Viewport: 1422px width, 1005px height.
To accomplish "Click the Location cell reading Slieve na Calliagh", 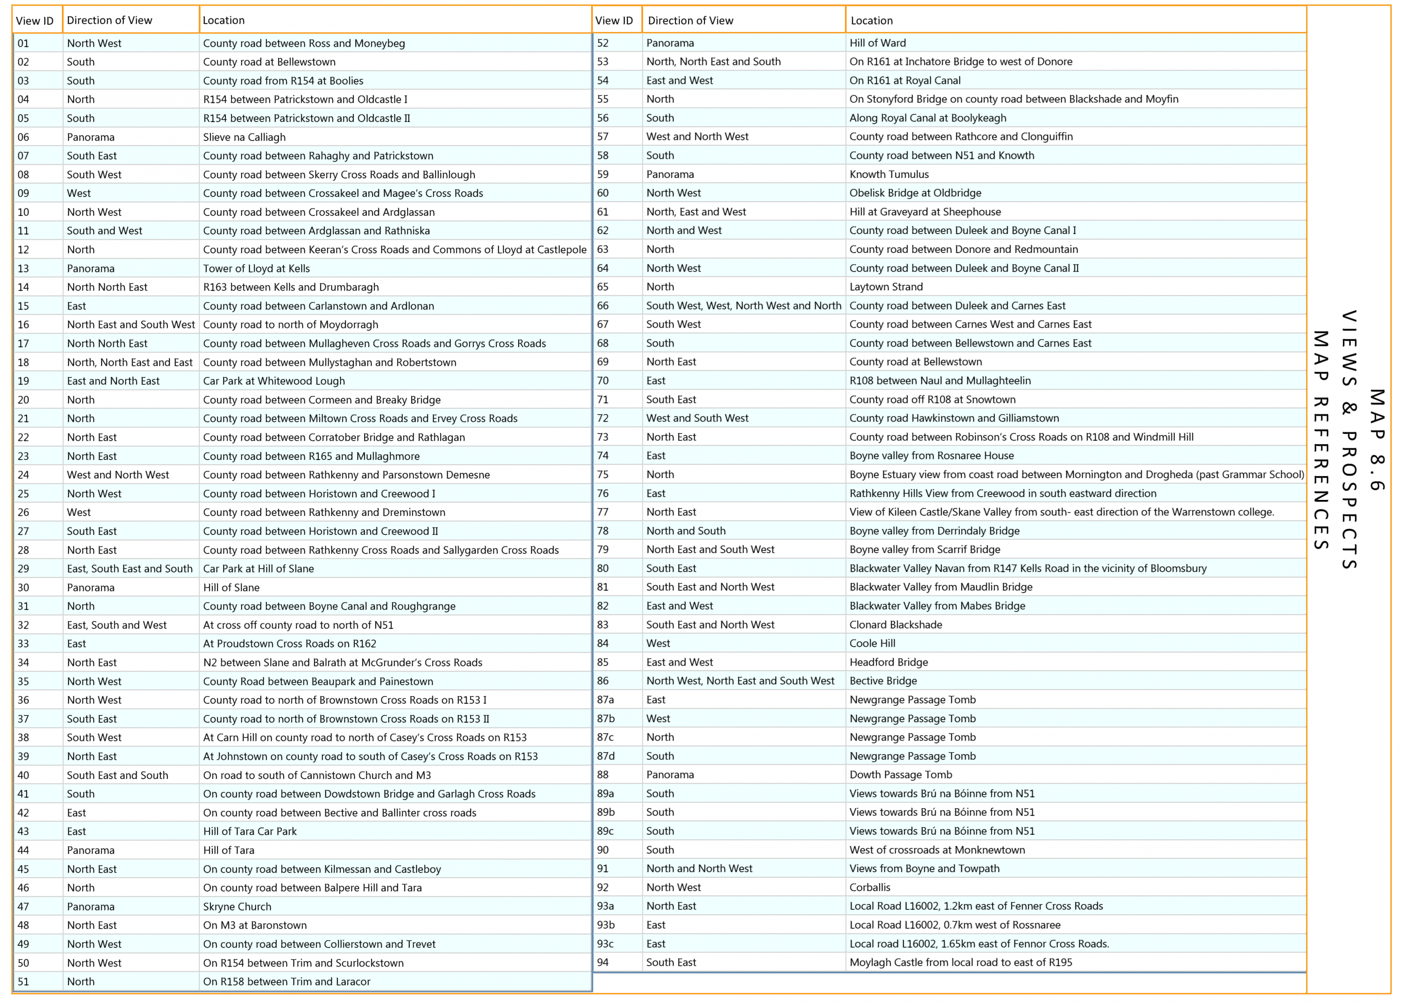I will pyautogui.click(x=245, y=137).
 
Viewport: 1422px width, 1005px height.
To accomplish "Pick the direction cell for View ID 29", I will pyautogui.click(x=130, y=569).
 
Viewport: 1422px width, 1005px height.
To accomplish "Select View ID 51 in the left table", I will pyautogui.click(x=24, y=981).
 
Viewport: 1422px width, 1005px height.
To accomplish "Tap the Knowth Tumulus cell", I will pyautogui.click(x=890, y=175).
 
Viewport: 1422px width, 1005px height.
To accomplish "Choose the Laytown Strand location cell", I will pyautogui.click(x=886, y=287).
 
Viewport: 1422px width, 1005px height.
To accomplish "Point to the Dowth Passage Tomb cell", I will pyautogui.click(x=901, y=775).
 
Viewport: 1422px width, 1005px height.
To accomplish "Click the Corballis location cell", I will pyautogui.click(x=870, y=887).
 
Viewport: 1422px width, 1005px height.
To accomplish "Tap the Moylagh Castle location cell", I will pyautogui.click(x=961, y=962).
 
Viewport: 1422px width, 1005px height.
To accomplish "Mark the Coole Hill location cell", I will pyautogui.click(x=873, y=643).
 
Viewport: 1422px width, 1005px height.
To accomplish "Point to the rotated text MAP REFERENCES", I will pyautogui.click(x=1320, y=440).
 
